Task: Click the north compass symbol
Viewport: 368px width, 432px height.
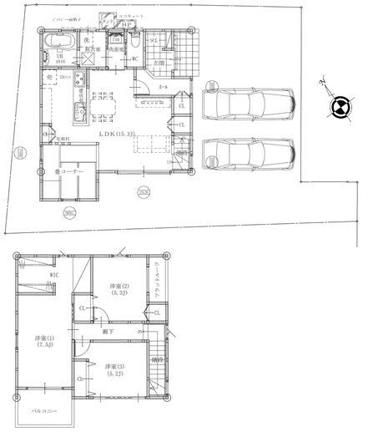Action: click(x=339, y=105)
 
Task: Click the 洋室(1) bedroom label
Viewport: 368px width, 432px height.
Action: click(x=44, y=342)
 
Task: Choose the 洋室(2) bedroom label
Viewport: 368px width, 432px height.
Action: click(x=118, y=289)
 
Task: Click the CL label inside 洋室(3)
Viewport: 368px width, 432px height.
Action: click(x=82, y=380)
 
